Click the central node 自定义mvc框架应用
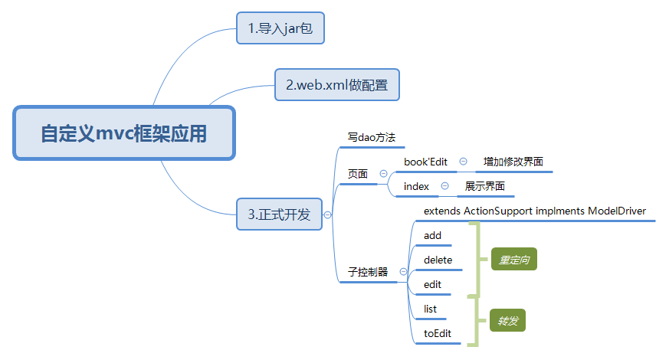(x=123, y=134)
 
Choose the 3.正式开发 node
(x=279, y=214)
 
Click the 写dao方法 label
(x=371, y=138)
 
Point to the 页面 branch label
(x=358, y=174)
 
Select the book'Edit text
(x=425, y=162)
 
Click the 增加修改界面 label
(x=513, y=162)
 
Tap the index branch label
(x=416, y=186)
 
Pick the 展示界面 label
(x=484, y=186)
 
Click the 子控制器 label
(x=368, y=272)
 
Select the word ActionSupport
(x=498, y=211)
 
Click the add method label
(x=432, y=235)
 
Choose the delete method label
(x=438, y=260)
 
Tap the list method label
(x=430, y=309)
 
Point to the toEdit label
(x=438, y=333)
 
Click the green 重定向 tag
(x=513, y=260)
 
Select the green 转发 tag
(x=508, y=321)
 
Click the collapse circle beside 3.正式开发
(x=328, y=215)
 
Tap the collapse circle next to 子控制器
(x=403, y=272)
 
